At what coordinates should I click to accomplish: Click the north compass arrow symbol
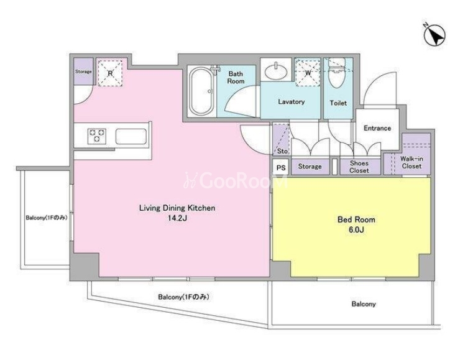click(x=434, y=35)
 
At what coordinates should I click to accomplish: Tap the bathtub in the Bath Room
click(x=201, y=91)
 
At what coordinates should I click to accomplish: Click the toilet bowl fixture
click(x=337, y=74)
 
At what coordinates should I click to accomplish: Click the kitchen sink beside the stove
click(x=131, y=136)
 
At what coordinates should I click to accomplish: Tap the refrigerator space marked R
click(x=110, y=73)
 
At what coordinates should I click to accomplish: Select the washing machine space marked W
click(x=308, y=73)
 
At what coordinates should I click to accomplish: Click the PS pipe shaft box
click(x=281, y=167)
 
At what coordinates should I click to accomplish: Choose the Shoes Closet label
click(x=359, y=167)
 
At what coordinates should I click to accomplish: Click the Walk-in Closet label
click(x=411, y=162)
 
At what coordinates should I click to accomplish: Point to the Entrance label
click(x=377, y=128)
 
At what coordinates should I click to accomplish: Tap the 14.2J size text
click(x=177, y=218)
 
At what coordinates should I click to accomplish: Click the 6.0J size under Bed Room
click(x=356, y=229)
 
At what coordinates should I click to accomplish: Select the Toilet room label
click(x=338, y=103)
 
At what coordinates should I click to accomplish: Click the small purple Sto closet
click(x=281, y=140)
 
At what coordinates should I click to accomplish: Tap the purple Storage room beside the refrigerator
click(x=83, y=72)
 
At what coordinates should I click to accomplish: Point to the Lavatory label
click(x=291, y=102)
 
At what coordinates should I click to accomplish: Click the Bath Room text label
click(x=236, y=78)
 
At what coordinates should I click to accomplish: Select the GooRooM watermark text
click(x=236, y=182)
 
